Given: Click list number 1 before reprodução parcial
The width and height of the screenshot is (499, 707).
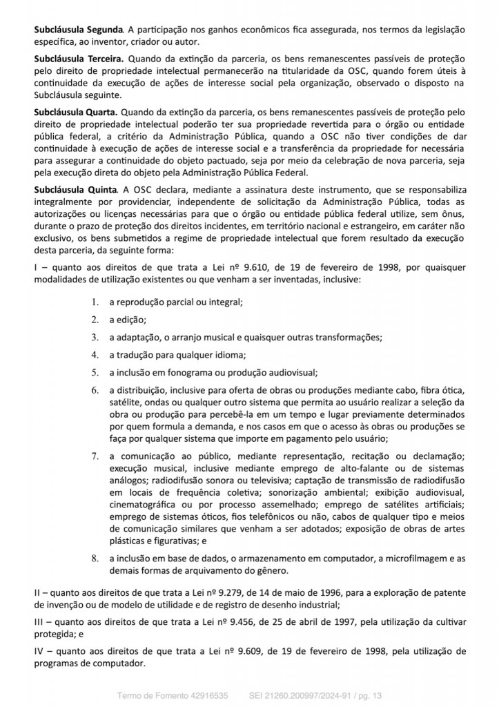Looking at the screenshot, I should click(x=95, y=302).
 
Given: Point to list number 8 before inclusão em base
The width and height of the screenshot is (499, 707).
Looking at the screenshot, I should click(x=95, y=557).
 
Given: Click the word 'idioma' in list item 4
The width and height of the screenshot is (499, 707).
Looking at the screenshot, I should click(x=229, y=356).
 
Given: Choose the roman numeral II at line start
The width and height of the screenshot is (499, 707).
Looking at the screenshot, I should click(x=39, y=593).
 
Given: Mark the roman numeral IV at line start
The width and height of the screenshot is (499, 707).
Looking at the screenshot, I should click(x=40, y=651).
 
